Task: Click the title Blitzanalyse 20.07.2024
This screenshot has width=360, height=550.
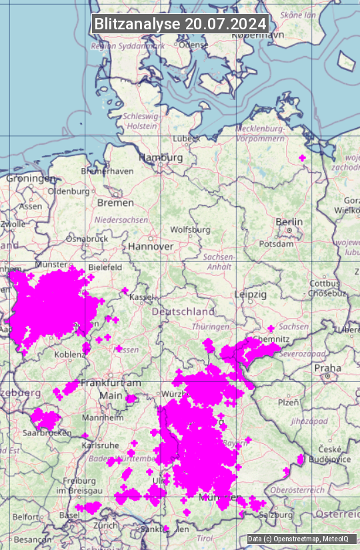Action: (x=180, y=23)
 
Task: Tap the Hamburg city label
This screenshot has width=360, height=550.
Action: (x=161, y=157)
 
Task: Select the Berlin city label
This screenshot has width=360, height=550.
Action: (x=289, y=222)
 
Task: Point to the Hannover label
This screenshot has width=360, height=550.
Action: (x=151, y=246)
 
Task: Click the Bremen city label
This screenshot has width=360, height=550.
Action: (x=115, y=202)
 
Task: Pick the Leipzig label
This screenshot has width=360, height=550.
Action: (x=251, y=294)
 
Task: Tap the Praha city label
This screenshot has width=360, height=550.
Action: (x=328, y=367)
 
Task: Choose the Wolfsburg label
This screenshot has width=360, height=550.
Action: (x=190, y=229)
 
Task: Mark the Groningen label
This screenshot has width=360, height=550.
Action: (x=31, y=179)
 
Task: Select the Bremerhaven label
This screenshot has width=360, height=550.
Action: (x=107, y=171)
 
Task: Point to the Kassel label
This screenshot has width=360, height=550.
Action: (x=142, y=297)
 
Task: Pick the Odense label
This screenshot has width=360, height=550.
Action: (x=194, y=45)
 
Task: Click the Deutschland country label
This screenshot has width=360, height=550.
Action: (x=183, y=311)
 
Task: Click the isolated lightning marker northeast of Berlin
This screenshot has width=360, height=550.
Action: (x=303, y=158)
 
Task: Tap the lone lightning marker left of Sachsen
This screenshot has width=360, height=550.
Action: (x=271, y=329)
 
